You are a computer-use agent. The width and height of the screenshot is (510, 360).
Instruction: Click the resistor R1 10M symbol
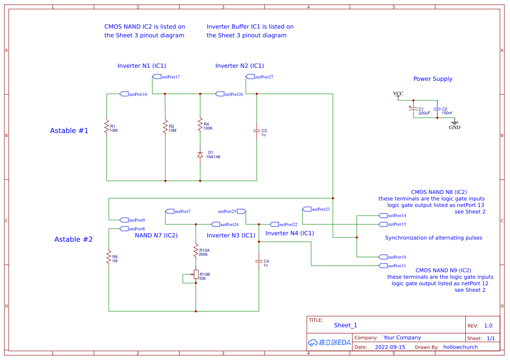click(x=107, y=127)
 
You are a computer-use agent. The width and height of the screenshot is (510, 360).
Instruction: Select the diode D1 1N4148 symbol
click(x=200, y=154)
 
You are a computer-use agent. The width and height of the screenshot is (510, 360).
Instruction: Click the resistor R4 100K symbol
click(x=200, y=125)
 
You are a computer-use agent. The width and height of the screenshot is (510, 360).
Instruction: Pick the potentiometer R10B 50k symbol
click(x=196, y=274)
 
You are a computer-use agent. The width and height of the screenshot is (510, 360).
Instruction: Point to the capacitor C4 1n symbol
click(x=259, y=261)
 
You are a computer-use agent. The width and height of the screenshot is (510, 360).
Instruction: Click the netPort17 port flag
click(x=166, y=77)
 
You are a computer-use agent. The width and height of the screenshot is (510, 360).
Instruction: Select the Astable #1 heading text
click(x=69, y=131)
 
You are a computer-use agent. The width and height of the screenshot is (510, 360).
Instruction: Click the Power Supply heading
click(x=433, y=79)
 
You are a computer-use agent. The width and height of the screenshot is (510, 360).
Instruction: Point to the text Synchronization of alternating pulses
click(x=433, y=238)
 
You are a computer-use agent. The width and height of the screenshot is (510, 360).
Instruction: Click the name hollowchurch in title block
click(x=460, y=347)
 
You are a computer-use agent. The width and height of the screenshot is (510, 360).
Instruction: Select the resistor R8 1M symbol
click(x=109, y=257)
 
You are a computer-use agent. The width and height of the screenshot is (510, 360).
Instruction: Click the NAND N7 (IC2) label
click(x=156, y=236)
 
